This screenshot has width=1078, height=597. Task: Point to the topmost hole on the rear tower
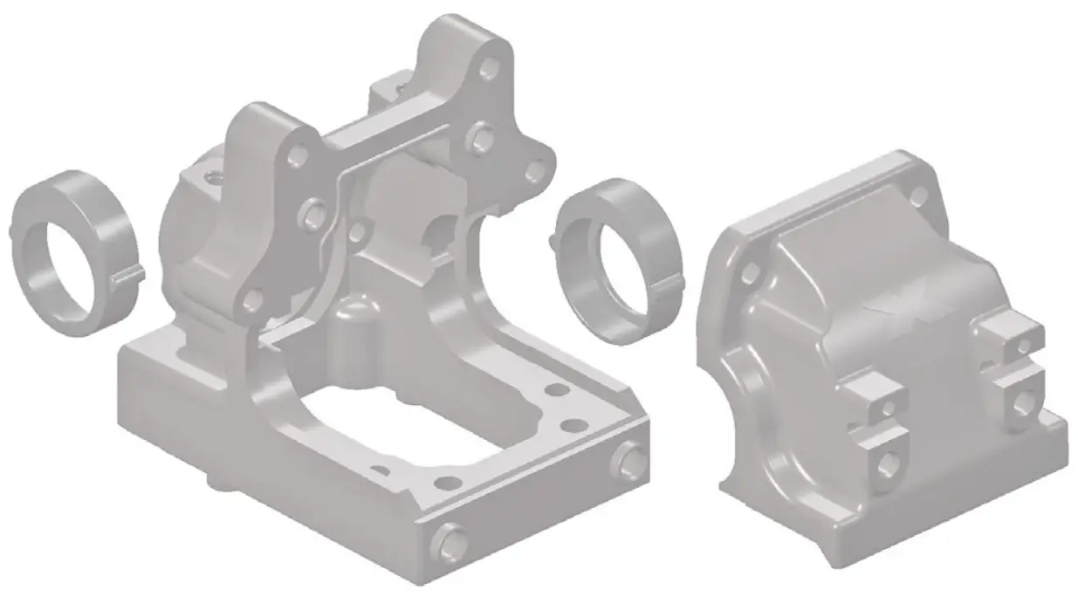(x=490, y=65)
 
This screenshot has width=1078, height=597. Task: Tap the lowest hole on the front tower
(x=253, y=301)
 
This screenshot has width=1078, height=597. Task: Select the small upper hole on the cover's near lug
(x=888, y=408)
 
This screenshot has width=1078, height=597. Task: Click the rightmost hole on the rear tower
(x=532, y=173)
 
